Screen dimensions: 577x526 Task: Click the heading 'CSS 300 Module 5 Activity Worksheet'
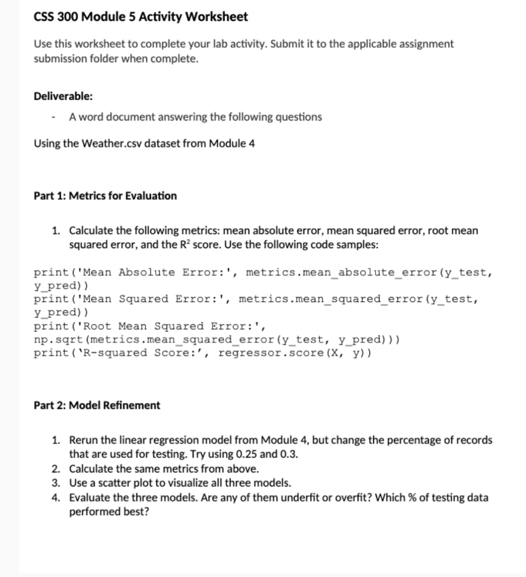pyautogui.click(x=141, y=17)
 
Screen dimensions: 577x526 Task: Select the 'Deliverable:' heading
pyautogui.click(x=63, y=96)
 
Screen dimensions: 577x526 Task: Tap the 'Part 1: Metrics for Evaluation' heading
pyautogui.click(x=105, y=196)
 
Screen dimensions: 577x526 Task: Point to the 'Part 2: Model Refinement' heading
pyautogui.click(x=97, y=405)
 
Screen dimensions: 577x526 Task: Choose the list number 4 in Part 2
pyautogui.click(x=56, y=497)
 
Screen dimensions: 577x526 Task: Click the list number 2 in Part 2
pyautogui.click(x=56, y=469)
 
